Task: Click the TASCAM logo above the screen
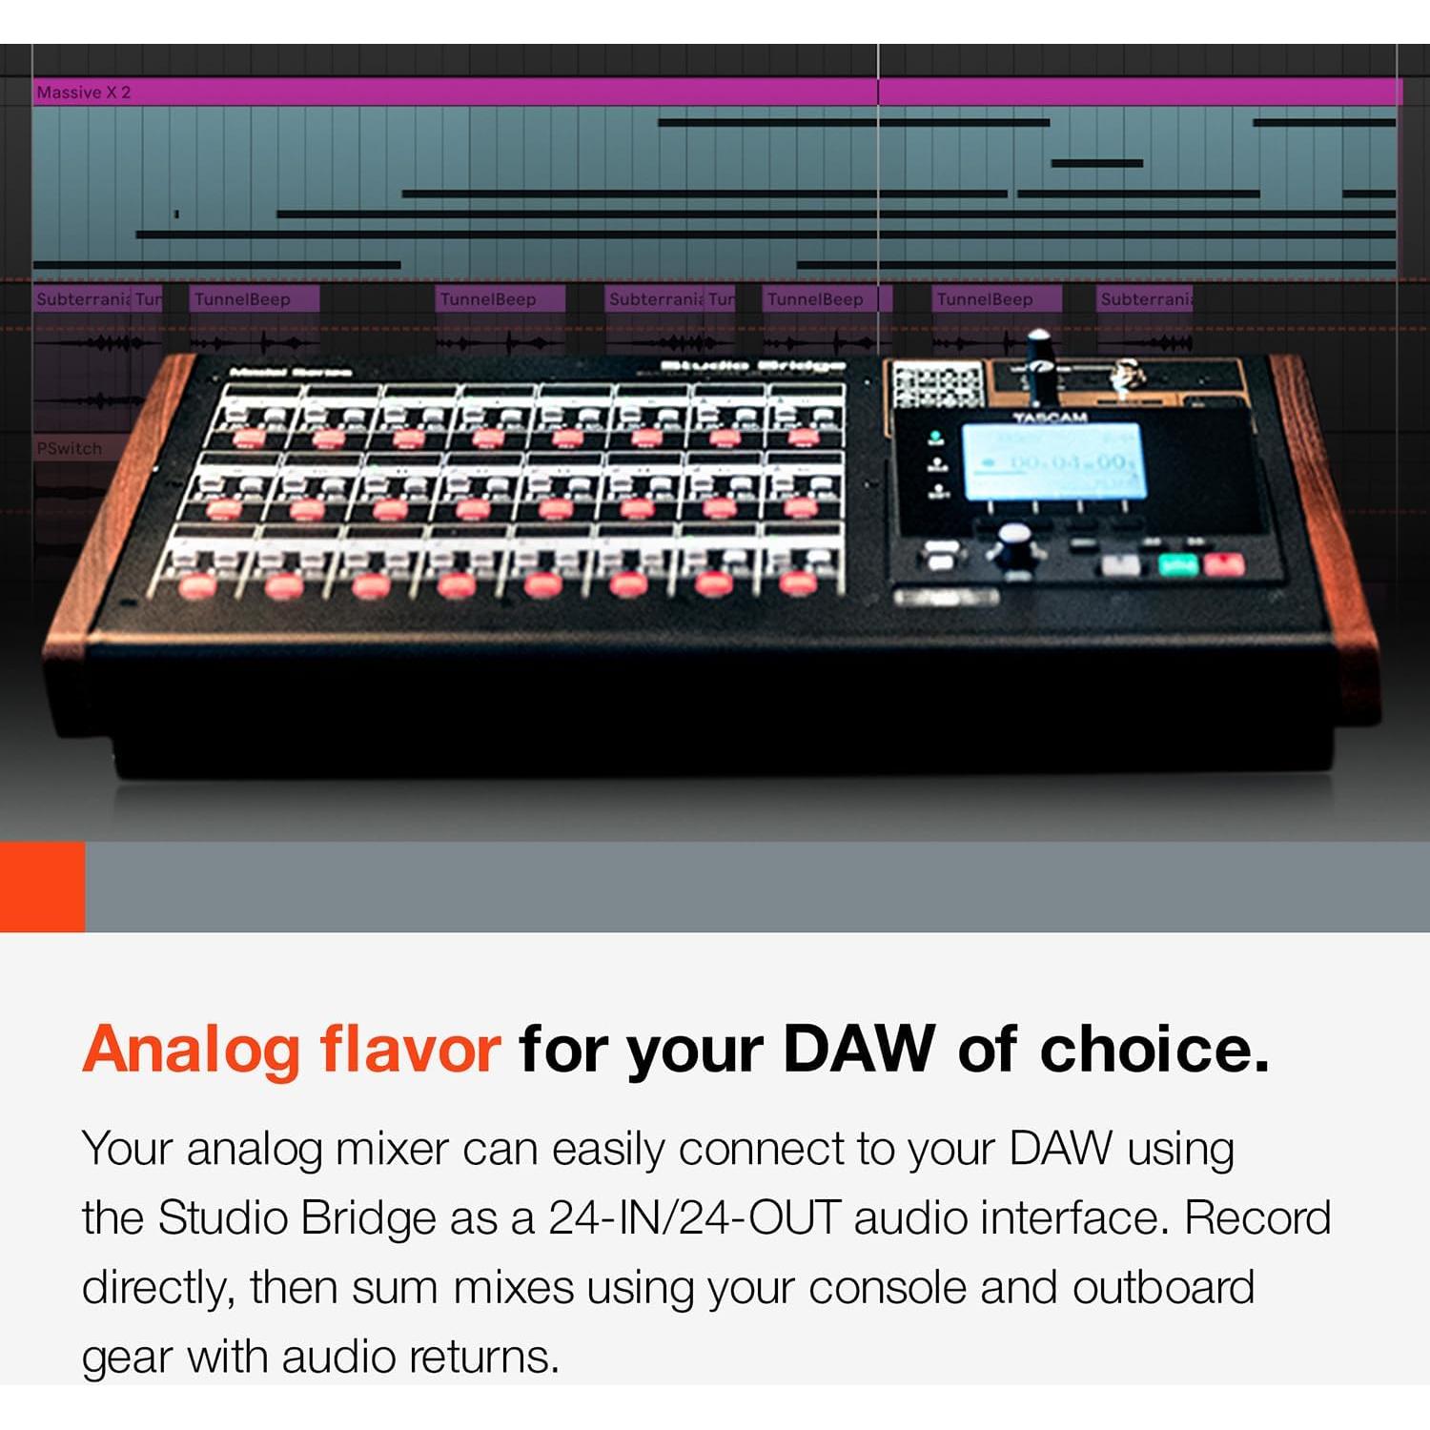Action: [x=1050, y=418]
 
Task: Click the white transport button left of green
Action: [x=1120, y=565]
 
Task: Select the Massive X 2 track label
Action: [x=84, y=92]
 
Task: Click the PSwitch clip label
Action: [x=69, y=448]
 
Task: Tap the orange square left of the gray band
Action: [x=42, y=887]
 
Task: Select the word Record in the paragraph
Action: [x=1257, y=1218]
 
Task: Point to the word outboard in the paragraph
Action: [x=1163, y=1288]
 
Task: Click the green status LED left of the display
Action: [x=935, y=437]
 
